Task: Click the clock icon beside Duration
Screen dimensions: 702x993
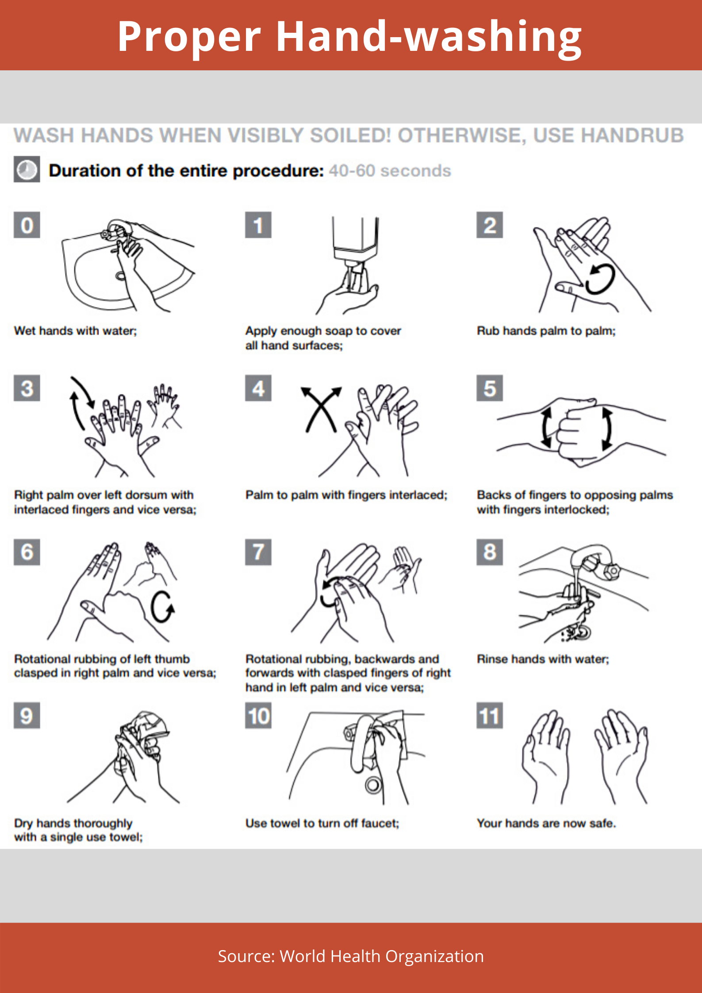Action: pyautogui.click(x=27, y=169)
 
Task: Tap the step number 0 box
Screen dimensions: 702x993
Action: pyautogui.click(x=27, y=225)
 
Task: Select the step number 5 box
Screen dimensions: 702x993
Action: pyautogui.click(x=490, y=388)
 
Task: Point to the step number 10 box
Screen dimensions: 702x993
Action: pyautogui.click(x=258, y=715)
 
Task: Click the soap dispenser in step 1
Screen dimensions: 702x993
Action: pyautogui.click(x=355, y=241)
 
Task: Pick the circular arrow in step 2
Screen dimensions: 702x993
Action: pyautogui.click(x=600, y=279)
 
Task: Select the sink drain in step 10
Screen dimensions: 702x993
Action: pyautogui.click(x=373, y=785)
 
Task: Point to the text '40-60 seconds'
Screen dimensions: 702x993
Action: pyautogui.click(x=390, y=171)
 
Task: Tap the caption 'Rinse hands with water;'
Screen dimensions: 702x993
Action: pyautogui.click(x=543, y=659)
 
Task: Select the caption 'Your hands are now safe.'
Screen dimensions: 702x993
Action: pyautogui.click(x=546, y=823)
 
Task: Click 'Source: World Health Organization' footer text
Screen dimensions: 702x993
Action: pyautogui.click(x=351, y=956)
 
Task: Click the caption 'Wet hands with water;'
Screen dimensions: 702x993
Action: pyautogui.click(x=76, y=331)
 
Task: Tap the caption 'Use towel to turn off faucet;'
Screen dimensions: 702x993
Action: pyautogui.click(x=322, y=823)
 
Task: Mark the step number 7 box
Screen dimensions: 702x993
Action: pyautogui.click(x=258, y=552)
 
